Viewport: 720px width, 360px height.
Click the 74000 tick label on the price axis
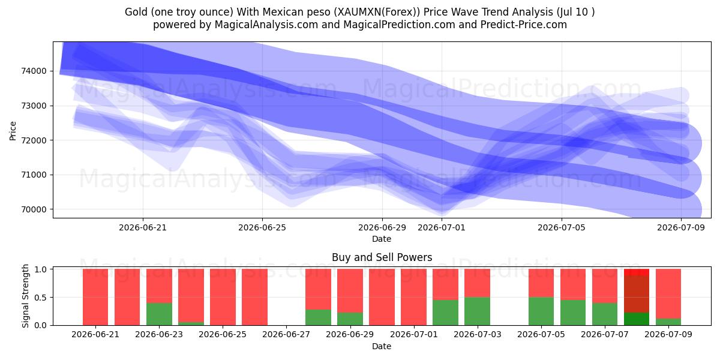pyautogui.click(x=34, y=71)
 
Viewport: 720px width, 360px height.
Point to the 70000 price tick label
pyautogui.click(x=34, y=209)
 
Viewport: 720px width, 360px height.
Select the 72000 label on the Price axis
pyautogui.click(x=34, y=140)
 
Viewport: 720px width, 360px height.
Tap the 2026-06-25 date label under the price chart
pyautogui.click(x=262, y=227)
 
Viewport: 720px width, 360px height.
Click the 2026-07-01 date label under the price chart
pyautogui.click(x=442, y=227)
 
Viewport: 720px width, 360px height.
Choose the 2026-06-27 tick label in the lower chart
pyautogui.click(x=286, y=334)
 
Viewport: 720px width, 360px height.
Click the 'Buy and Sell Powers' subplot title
pyautogui.click(x=382, y=257)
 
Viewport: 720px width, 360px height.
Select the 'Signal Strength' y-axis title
pyautogui.click(x=25, y=296)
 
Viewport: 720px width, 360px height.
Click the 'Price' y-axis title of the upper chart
pyautogui.click(x=13, y=131)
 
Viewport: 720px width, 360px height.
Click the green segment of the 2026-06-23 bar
pyautogui.click(x=159, y=314)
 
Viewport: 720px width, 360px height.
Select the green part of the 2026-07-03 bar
pyautogui.click(x=478, y=311)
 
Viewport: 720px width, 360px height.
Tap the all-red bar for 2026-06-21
pyautogui.click(x=95, y=297)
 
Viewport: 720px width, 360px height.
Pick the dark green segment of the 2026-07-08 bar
pyautogui.click(x=637, y=319)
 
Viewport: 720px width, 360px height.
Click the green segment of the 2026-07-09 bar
pyautogui.click(x=668, y=322)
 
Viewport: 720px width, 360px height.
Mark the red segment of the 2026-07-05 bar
pyautogui.click(x=541, y=283)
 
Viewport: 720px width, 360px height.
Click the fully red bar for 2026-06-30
pyautogui.click(x=382, y=297)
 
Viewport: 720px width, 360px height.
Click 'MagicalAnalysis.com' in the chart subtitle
pyautogui.click(x=266, y=25)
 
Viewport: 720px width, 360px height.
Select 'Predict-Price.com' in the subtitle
pyautogui.click(x=524, y=25)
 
